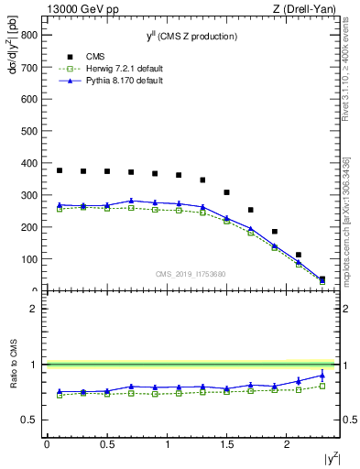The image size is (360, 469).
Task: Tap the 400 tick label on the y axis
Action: pos(29,164)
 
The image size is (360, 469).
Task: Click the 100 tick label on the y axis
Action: pos(29,259)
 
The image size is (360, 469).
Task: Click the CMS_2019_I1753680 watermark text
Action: pos(191,273)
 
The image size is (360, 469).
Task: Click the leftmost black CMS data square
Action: pos(60,170)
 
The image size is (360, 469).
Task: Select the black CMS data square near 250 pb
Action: pos(250,210)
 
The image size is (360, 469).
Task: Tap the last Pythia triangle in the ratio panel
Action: pos(322,375)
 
